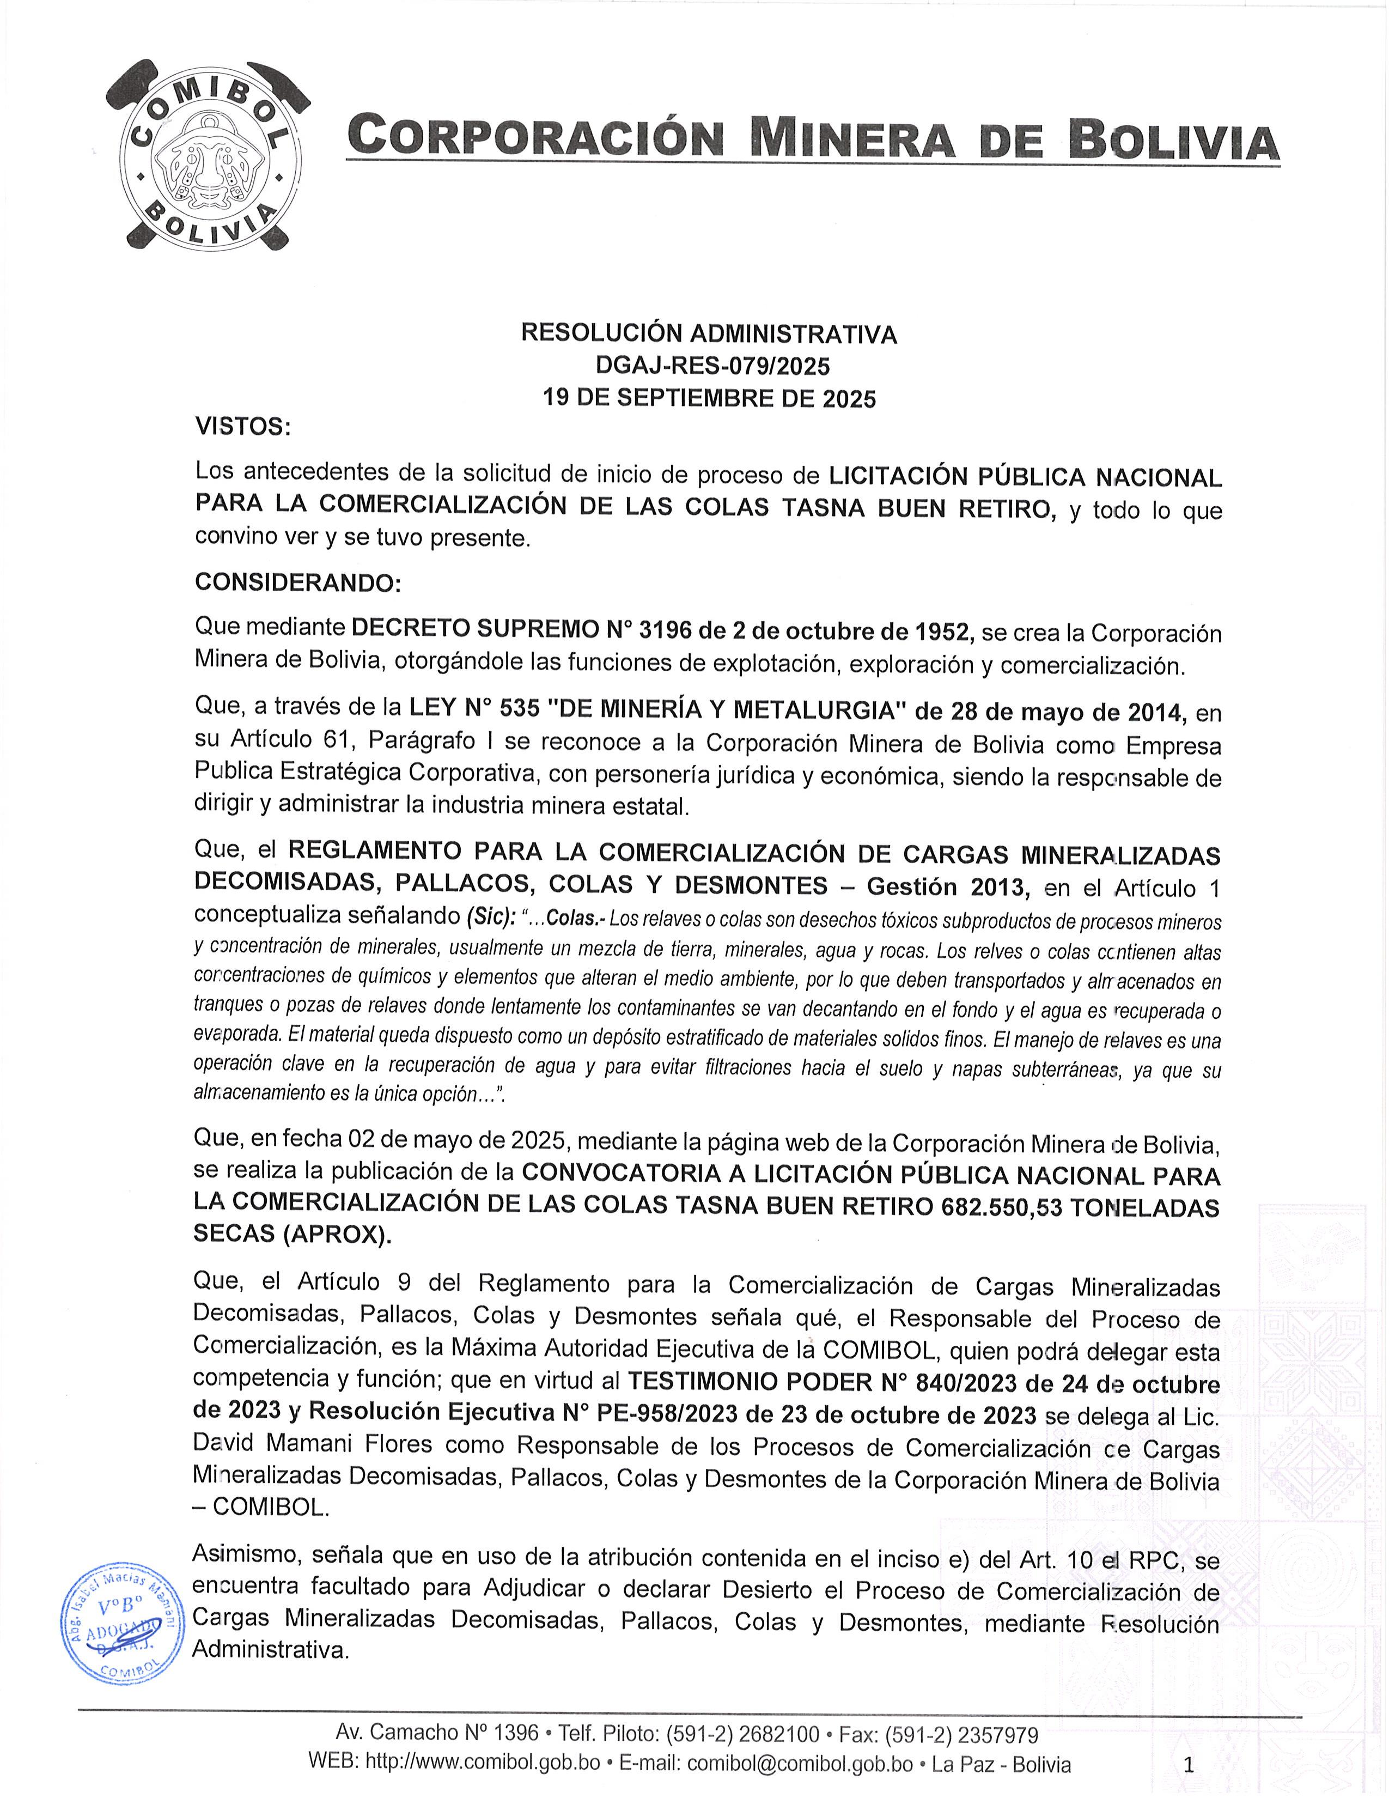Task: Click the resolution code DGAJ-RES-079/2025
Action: (709, 366)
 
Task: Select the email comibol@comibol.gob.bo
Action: (800, 1764)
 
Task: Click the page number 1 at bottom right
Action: (1187, 1764)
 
